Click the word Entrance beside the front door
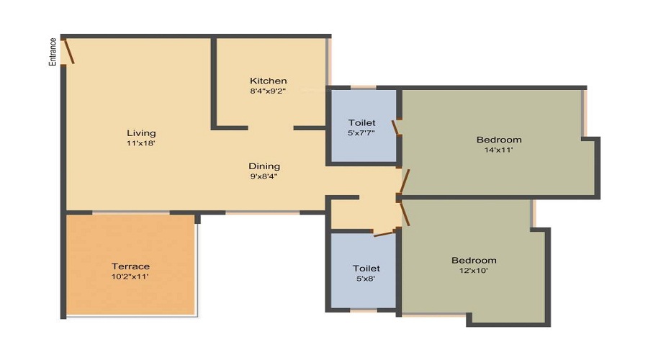(53, 52)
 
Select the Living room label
(141, 133)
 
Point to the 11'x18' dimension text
(141, 143)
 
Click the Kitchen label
(268, 81)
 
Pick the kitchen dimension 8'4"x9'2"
(268, 91)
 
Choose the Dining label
(264, 166)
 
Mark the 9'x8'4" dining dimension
(264, 176)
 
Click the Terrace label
(130, 266)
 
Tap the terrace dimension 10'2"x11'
(130, 276)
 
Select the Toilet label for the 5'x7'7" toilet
(361, 123)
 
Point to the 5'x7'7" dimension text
(361, 133)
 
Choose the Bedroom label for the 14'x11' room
(499, 140)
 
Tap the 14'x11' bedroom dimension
(499, 150)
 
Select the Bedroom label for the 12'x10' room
(474, 260)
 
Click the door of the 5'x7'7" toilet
(395, 127)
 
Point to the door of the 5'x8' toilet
(385, 233)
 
